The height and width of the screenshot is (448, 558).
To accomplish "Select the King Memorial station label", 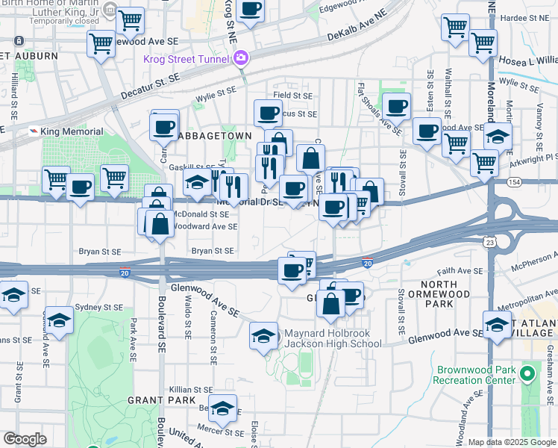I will (71, 131).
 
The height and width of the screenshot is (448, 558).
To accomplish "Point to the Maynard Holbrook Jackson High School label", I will (332, 338).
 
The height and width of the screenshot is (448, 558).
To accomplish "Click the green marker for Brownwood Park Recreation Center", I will (529, 372).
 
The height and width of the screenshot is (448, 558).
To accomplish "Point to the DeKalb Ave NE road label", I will (359, 26).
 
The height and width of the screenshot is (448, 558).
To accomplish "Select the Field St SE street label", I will (292, 96).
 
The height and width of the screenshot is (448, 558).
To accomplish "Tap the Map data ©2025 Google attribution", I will (512, 442).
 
